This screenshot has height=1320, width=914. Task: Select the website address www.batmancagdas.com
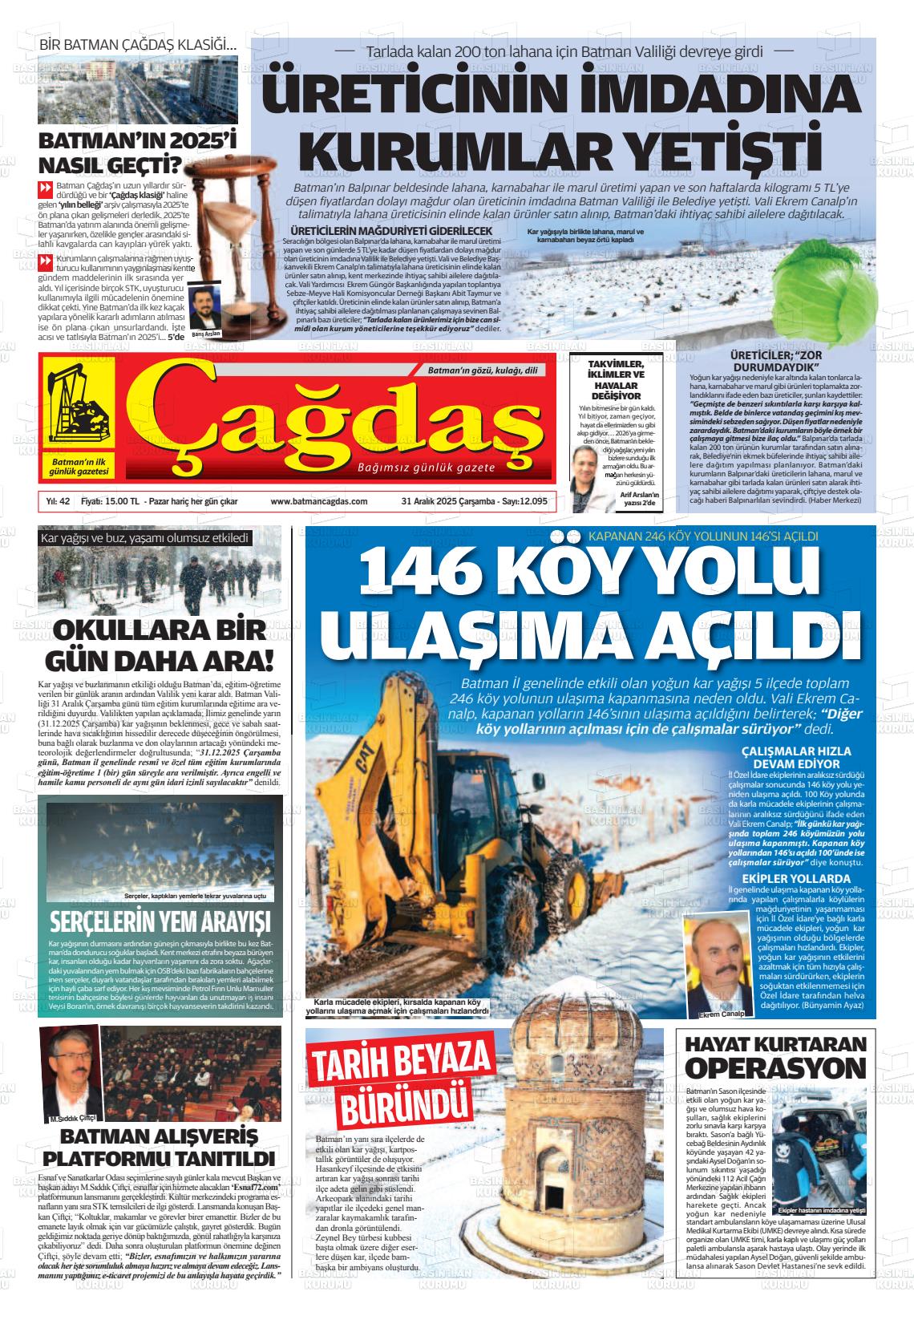tap(319, 501)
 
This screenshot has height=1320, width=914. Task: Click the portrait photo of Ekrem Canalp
tap(713, 965)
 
